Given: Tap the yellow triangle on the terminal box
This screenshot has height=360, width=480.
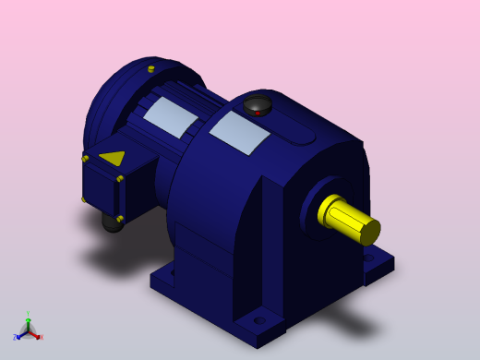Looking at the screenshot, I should coord(112,158).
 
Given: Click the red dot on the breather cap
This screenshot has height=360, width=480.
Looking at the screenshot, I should coord(258,113).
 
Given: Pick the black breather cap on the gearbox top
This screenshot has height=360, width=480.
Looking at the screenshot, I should coord(257,104).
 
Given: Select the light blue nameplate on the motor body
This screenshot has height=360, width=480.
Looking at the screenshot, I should coord(172,117).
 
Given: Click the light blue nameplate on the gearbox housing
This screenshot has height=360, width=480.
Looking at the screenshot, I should coord(239,133).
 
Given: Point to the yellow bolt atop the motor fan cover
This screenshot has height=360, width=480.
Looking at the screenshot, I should coord(151,68).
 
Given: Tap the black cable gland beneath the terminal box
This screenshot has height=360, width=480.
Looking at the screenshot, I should coord(113,222).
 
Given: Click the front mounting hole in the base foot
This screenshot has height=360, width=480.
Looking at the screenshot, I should coord(260,320).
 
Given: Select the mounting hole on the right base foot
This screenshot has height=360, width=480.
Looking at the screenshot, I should coord(370,259).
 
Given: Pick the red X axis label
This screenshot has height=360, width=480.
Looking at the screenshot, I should coord(41,337).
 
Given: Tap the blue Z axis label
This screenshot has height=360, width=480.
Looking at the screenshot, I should coord(15,338).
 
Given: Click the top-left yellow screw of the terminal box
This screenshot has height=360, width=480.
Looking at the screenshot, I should coord(85,159).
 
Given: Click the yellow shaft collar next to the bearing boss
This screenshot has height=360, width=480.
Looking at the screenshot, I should coord(329,210).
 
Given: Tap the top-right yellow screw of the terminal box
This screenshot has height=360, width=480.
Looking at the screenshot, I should coord(120,179).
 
